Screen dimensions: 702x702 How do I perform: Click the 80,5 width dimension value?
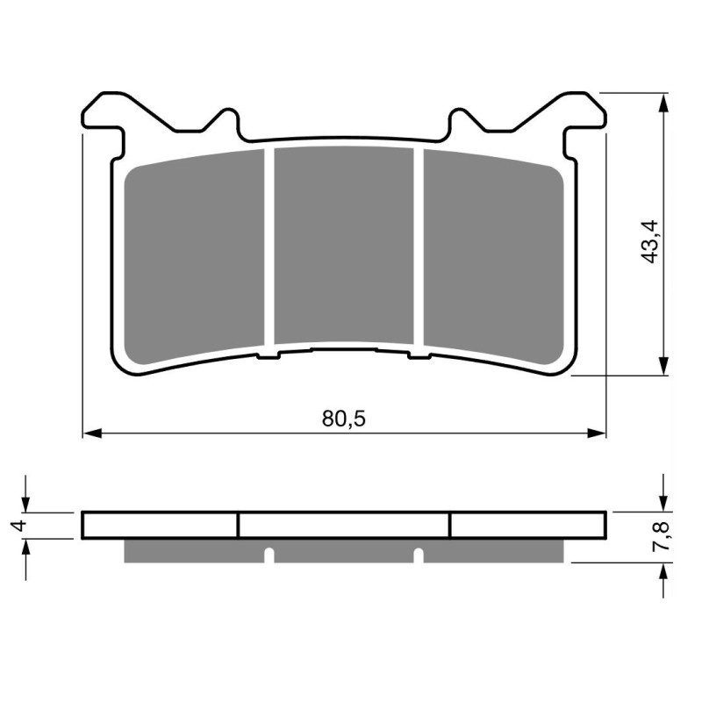[x=343, y=419]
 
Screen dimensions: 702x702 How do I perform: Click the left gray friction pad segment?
[x=195, y=259]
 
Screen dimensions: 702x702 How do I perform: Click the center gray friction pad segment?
[x=344, y=246]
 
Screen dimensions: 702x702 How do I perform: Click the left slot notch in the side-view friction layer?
[x=270, y=555]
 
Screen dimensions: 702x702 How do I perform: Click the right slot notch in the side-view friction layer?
[x=419, y=555]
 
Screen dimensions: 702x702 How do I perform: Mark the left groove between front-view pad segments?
[x=269, y=246]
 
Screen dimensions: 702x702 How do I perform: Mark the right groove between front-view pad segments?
[x=419, y=246]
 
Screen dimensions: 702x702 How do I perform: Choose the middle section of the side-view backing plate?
[x=344, y=525]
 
